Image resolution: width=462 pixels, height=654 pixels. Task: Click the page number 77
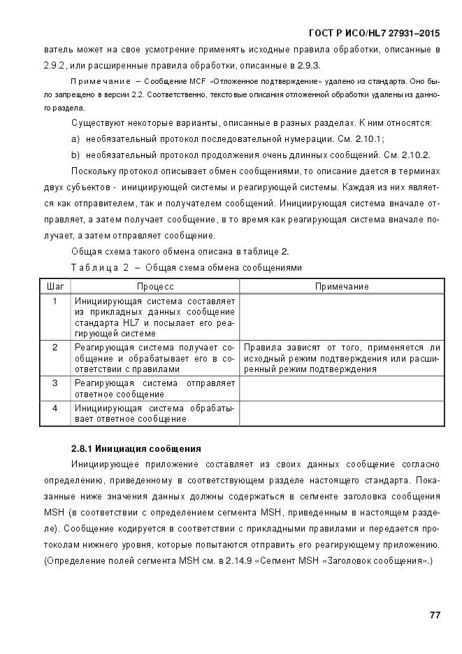click(x=434, y=615)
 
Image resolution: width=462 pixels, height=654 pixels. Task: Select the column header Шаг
click(x=55, y=287)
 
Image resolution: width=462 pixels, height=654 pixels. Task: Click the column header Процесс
click(x=154, y=287)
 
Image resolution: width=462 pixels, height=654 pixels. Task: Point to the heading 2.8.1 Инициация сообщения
click(x=136, y=448)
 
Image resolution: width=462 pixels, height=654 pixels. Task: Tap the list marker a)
click(x=76, y=139)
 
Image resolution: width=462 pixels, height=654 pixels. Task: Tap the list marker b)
click(x=76, y=155)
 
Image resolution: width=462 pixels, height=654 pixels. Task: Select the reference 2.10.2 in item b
click(x=414, y=155)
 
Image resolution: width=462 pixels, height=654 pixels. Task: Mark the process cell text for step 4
click(x=154, y=413)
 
